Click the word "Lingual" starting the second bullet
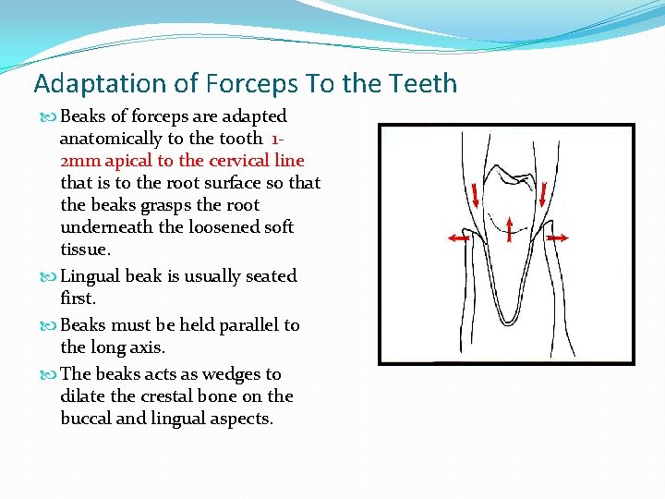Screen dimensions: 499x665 (91, 276)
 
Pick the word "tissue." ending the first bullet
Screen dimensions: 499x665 (85, 249)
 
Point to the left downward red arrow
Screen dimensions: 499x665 (473, 197)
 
